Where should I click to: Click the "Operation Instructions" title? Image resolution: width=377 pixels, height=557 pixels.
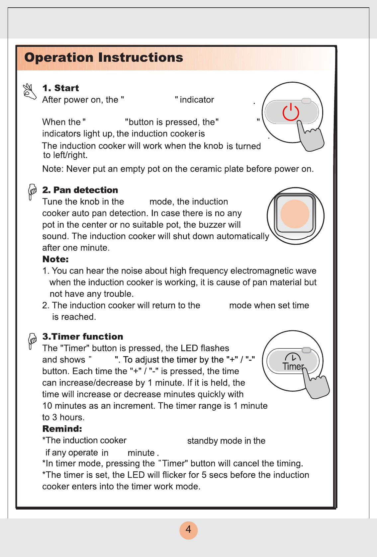[104, 57]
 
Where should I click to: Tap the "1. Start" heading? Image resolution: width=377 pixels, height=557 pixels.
[60, 88]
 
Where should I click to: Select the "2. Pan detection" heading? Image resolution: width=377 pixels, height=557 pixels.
[80, 190]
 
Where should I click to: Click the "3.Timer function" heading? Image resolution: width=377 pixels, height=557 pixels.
[83, 337]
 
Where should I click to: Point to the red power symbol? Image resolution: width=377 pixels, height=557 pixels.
[291, 112]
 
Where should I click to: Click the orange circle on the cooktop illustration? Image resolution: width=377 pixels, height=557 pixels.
[295, 214]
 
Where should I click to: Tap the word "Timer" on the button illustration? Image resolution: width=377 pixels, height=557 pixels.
[293, 366]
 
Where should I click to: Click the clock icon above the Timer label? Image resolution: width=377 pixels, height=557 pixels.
[293, 357]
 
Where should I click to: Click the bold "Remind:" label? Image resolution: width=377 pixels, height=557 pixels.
[62, 429]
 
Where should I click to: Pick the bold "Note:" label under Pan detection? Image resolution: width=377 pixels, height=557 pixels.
[55, 259]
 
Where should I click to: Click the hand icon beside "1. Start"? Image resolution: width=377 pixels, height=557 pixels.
[30, 91]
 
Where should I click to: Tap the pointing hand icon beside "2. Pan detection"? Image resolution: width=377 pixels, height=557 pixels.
[32, 192]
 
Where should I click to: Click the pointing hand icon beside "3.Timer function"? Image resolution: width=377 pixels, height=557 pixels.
[32, 341]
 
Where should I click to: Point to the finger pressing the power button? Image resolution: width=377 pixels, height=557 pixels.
[310, 136]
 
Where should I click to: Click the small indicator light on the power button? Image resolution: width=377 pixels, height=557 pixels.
[306, 101]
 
